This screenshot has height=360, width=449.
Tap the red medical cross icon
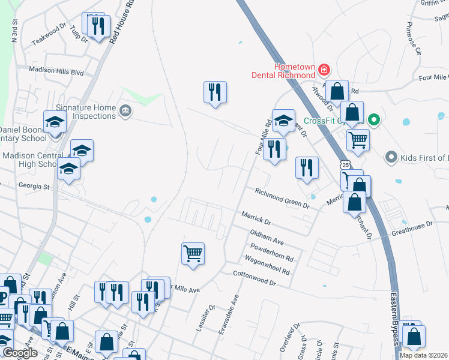click(x=324, y=70)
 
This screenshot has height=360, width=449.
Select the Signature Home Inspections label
click(x=87, y=111)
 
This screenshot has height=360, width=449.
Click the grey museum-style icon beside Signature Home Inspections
click(x=125, y=110)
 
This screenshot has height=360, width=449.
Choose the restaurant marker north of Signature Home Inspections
click(x=215, y=92)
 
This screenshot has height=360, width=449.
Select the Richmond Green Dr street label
click(x=282, y=198)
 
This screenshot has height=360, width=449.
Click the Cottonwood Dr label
click(x=254, y=278)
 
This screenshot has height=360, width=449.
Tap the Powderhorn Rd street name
click(x=272, y=253)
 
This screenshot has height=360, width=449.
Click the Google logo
click(x=20, y=353)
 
